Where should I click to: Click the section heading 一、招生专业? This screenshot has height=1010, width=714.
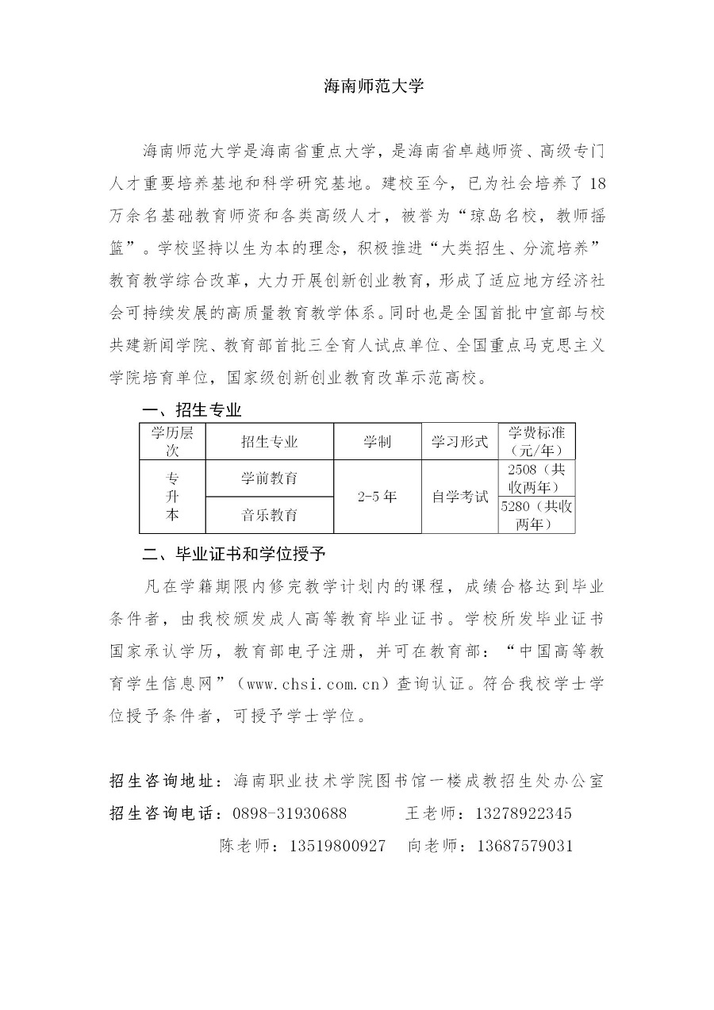191,410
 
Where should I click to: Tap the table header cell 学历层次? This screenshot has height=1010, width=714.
172,441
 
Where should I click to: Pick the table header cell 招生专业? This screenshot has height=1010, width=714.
269,442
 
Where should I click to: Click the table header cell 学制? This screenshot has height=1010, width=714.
377,442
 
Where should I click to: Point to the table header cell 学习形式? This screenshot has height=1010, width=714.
459,442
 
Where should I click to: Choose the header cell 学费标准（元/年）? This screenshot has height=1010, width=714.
536,441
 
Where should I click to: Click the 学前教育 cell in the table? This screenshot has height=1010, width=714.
269,478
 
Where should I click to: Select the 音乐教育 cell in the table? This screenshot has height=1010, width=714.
269,515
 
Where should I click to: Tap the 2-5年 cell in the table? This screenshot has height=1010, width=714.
377,497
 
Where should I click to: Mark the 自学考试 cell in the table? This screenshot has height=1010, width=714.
459,497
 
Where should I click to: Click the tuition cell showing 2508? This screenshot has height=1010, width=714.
536,478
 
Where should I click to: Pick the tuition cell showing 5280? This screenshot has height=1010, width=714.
536,515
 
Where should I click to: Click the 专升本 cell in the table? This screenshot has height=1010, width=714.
172,497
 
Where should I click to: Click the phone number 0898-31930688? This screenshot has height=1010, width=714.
290,813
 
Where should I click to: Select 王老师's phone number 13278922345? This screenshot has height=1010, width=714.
524,813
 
